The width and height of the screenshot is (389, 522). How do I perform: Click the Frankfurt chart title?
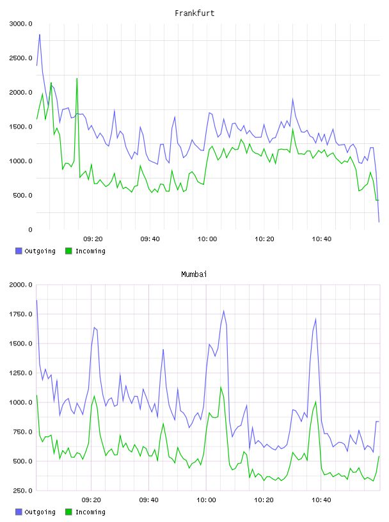(194, 13)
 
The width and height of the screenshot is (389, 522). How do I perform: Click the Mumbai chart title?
(194, 274)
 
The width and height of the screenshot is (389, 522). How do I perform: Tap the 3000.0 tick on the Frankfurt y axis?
(20, 24)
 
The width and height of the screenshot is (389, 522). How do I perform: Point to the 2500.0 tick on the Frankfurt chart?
(20, 58)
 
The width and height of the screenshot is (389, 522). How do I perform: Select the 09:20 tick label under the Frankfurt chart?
(93, 239)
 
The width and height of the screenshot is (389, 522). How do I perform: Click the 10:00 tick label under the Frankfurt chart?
(207, 239)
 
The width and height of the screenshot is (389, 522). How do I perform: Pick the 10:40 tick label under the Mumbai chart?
(321, 500)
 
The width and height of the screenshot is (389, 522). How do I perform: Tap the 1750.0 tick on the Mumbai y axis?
(20, 314)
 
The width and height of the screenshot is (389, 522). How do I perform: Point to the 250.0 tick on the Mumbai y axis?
(22, 491)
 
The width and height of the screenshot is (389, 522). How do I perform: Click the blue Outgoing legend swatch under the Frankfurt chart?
(19, 251)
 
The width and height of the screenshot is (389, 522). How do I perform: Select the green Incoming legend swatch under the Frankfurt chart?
(68, 251)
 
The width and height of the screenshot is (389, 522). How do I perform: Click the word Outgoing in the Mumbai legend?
(40, 512)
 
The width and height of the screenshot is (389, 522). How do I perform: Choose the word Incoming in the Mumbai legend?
(90, 512)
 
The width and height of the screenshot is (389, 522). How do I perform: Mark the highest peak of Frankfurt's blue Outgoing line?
(40, 35)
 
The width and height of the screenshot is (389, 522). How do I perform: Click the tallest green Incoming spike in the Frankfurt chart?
(77, 78)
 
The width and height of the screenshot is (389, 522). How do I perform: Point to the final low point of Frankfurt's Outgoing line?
(379, 222)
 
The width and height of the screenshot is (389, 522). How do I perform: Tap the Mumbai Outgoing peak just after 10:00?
(224, 311)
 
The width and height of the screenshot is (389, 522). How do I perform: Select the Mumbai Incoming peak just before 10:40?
(315, 402)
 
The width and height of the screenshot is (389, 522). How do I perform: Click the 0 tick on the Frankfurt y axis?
(30, 230)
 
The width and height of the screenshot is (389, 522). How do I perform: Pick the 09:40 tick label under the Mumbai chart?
(149, 500)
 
